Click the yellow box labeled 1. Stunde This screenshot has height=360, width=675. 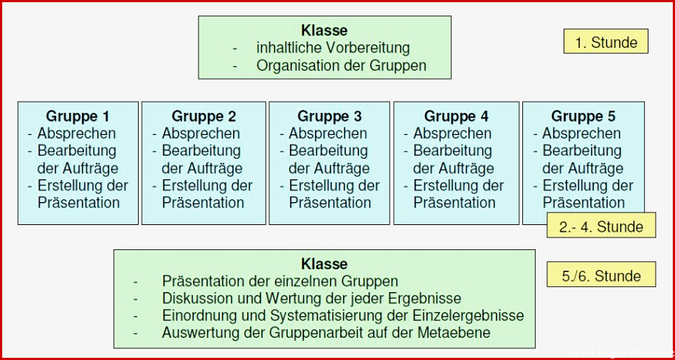click(606, 41)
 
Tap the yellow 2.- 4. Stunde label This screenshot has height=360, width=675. click(601, 225)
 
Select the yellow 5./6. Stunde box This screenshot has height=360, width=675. click(601, 274)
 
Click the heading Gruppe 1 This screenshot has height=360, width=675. click(77, 117)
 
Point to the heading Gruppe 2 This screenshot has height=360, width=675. click(204, 117)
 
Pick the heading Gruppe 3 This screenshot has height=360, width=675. click(329, 117)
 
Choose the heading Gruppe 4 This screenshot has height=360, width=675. click(456, 117)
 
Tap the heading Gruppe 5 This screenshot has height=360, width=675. click(584, 117)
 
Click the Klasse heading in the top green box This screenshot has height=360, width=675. click(324, 30)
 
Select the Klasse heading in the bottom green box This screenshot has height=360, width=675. click(324, 263)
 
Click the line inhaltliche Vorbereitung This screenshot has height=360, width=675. click(333, 48)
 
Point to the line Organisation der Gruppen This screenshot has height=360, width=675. click(342, 66)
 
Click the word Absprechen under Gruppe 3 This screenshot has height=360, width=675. click(328, 134)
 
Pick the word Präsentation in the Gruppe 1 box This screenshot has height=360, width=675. click(79, 202)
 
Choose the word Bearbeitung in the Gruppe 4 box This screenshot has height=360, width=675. click(452, 150)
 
